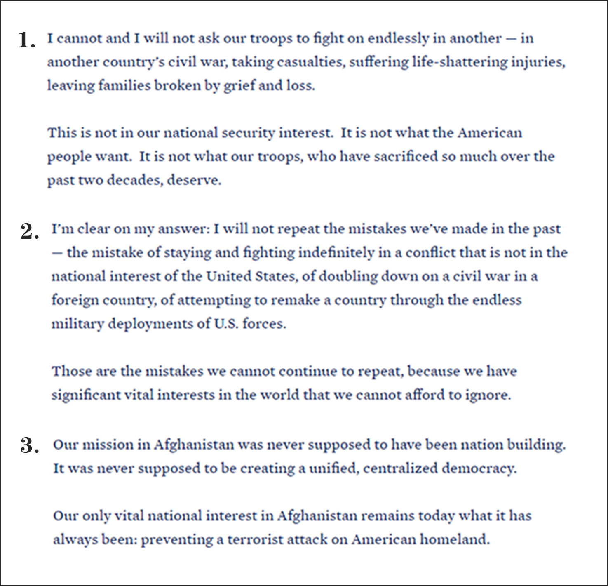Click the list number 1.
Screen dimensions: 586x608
[26, 40]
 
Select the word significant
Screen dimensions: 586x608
[85, 395]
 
